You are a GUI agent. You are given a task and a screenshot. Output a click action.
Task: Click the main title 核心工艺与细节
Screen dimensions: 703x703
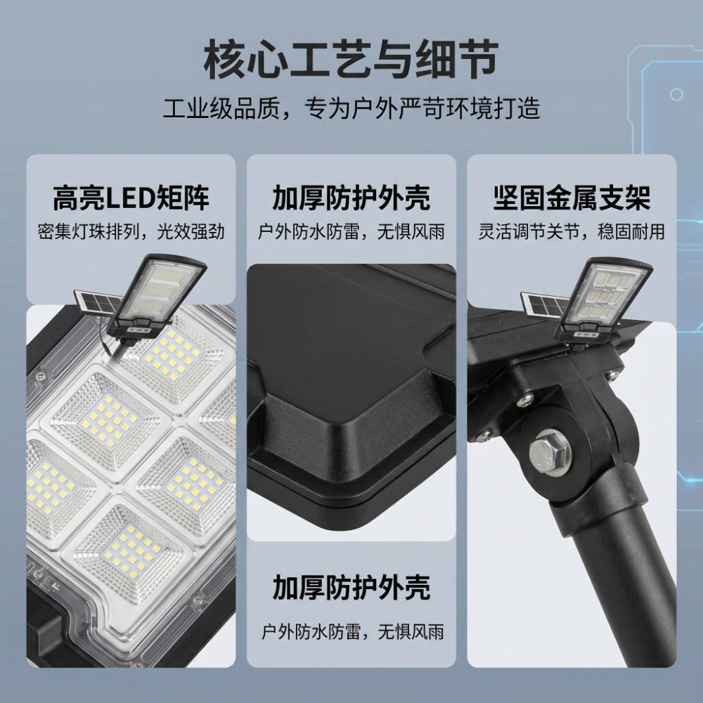351,59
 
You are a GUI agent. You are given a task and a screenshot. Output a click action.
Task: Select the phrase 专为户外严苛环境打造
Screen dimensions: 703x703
422,109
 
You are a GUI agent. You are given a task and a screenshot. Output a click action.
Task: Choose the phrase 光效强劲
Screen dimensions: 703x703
191,232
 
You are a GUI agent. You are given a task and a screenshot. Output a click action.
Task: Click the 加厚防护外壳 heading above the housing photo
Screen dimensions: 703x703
351,198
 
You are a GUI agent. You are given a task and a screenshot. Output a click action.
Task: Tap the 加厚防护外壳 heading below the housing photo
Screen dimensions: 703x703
351,587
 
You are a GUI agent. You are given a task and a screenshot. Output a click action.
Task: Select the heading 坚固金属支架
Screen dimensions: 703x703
572,198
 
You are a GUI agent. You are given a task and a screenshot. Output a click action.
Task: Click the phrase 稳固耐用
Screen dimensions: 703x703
631,232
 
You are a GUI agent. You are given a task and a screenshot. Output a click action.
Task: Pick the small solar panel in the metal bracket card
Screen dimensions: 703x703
541,304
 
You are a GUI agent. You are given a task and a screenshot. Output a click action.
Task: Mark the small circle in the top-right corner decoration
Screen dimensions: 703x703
676,95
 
